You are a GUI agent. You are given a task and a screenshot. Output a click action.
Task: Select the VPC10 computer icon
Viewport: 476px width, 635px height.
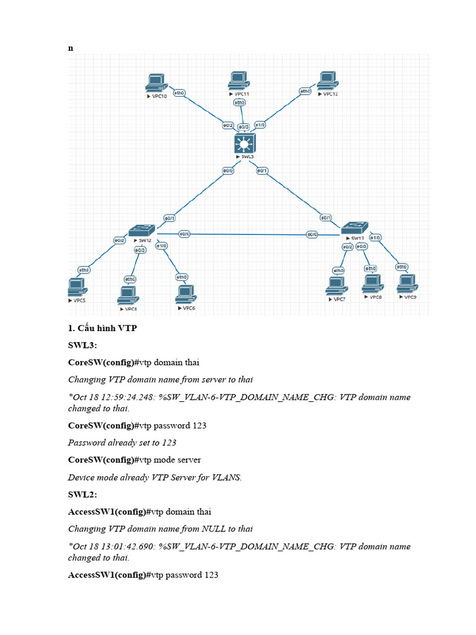pyautogui.click(x=156, y=84)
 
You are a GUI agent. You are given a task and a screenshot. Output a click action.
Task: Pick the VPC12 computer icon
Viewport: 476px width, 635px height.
pyautogui.click(x=327, y=81)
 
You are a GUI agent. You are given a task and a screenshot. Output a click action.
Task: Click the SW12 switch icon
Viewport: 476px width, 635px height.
pyautogui.click(x=141, y=230)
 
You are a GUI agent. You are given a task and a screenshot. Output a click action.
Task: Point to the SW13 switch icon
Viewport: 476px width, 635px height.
pyautogui.click(x=354, y=228)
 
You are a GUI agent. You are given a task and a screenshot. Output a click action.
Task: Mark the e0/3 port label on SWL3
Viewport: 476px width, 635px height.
pyautogui.click(x=244, y=127)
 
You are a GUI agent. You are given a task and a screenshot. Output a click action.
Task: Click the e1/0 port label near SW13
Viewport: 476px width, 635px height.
pyautogui.click(x=375, y=238)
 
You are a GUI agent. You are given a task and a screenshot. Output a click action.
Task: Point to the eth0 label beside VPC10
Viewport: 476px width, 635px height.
pyautogui.click(x=180, y=94)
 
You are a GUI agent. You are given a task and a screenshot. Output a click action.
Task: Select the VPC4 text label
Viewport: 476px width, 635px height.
pyautogui.click(x=130, y=308)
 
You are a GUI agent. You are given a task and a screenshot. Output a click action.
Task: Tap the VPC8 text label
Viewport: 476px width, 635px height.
pyautogui.click(x=375, y=297)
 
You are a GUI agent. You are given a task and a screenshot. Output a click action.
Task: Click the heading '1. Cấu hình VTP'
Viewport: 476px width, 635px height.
pyautogui.click(x=102, y=328)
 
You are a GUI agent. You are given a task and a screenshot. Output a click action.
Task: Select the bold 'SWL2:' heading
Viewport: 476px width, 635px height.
pyautogui.click(x=81, y=494)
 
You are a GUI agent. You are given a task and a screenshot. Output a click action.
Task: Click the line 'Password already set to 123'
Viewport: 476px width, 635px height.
pyautogui.click(x=122, y=442)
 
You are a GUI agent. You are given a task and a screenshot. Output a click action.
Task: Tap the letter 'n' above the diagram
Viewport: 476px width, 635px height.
pyautogui.click(x=70, y=48)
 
